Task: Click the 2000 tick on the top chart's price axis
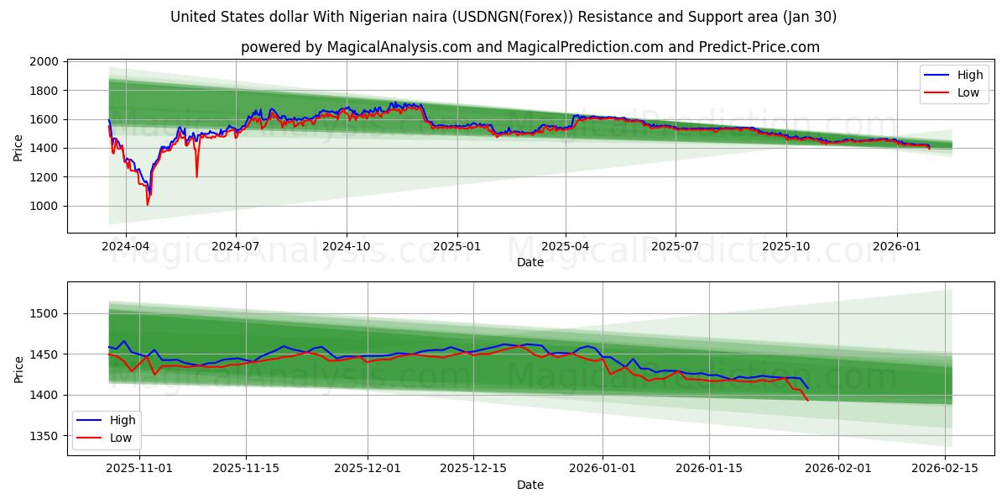[x=44, y=62]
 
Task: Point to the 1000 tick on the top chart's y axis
[x=44, y=206]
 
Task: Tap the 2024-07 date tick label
[x=235, y=247]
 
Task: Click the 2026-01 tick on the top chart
[x=897, y=247]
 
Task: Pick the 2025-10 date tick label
[x=786, y=247]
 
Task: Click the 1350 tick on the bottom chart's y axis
[x=44, y=436]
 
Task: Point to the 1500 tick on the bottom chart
[x=44, y=314]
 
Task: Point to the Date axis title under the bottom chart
[x=530, y=485]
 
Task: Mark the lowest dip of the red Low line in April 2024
[x=148, y=204]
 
